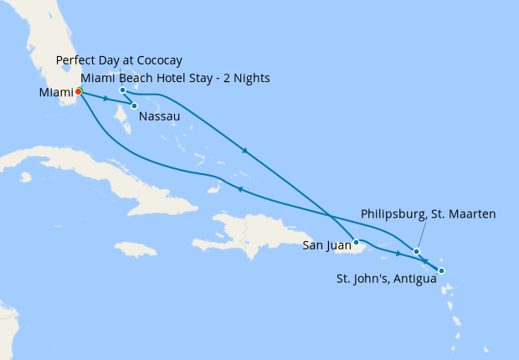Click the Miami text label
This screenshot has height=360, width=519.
tap(55, 92)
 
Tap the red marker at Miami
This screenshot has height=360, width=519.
tap(78, 91)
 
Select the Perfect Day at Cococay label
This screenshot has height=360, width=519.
tap(119, 61)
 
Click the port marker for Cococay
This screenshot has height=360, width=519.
tap(122, 90)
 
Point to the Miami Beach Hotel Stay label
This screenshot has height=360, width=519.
tap(175, 79)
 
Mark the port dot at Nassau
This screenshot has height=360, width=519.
tap(134, 105)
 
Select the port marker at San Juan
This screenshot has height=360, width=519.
tap(357, 241)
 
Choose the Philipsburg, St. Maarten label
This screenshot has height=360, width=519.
tap(428, 214)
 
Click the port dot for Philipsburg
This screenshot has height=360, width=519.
tap(416, 251)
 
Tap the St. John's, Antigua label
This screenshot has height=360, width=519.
tap(384, 279)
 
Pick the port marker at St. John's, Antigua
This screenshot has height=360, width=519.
tap(441, 270)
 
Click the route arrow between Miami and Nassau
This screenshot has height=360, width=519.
tap(105, 99)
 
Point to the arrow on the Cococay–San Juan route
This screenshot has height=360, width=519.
tap(244, 152)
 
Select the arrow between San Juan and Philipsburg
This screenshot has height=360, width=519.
tap(398, 252)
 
